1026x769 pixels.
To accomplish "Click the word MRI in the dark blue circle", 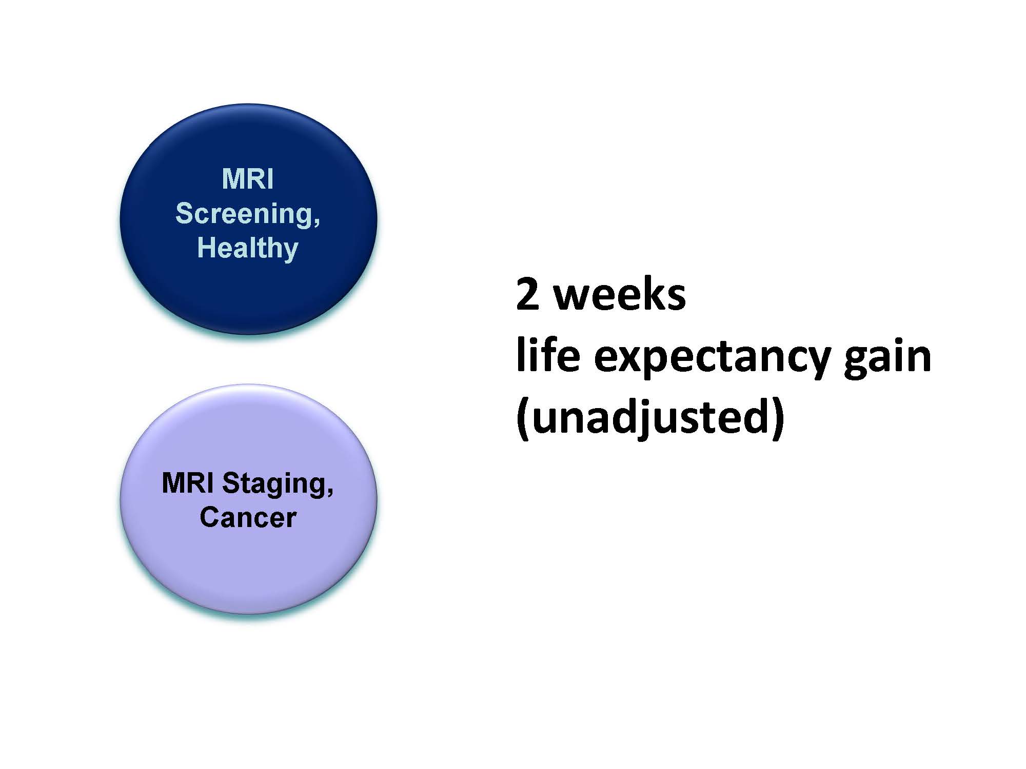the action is pyautogui.click(x=248, y=179).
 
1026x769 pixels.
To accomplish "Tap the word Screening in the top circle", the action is pyautogui.click(x=243, y=214).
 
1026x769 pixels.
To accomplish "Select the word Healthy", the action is pyautogui.click(x=248, y=248).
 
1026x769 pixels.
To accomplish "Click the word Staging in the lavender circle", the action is pyautogui.click(x=272, y=484).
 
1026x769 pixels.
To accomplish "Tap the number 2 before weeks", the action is pyautogui.click(x=528, y=295).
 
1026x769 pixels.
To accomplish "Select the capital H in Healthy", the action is pyautogui.click(x=206, y=248).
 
